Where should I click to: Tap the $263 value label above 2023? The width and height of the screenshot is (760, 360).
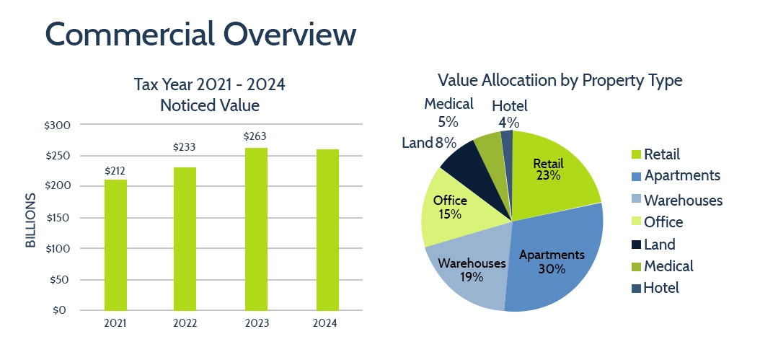coord(255,136)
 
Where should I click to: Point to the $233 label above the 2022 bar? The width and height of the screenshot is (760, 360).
coord(185,147)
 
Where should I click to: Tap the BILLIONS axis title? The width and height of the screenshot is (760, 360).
coord(30,221)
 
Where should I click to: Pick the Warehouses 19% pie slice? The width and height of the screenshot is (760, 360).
coord(469,271)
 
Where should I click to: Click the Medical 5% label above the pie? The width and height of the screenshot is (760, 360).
coord(449,113)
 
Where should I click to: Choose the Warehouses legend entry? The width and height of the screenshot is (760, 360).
coord(682,200)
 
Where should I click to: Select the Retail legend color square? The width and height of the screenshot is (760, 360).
coord(635,154)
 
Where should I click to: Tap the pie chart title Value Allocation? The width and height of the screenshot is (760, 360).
coord(560,80)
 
